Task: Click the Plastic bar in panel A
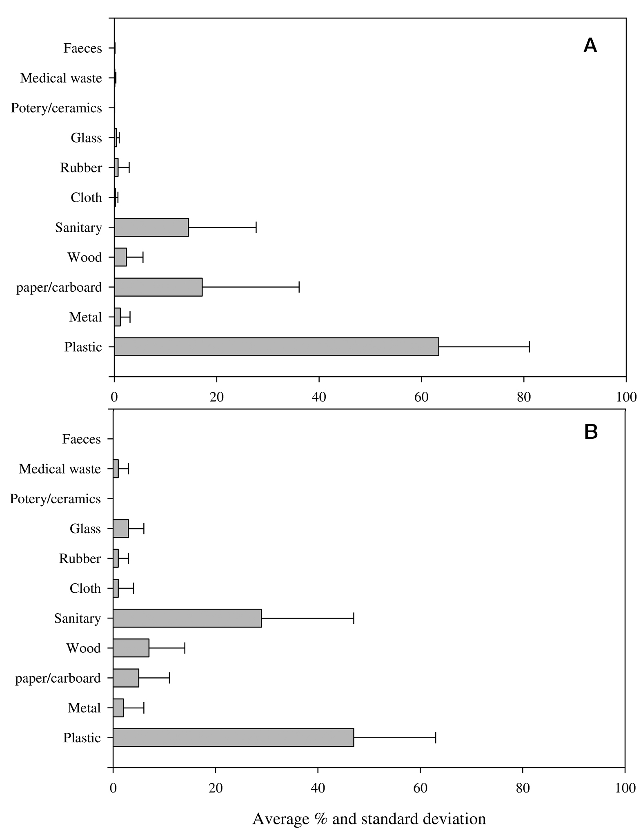[276, 347]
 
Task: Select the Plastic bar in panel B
[234, 737]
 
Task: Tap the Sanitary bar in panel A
[151, 227]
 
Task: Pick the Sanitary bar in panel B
[187, 618]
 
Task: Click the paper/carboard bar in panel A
[158, 287]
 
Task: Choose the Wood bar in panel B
[131, 648]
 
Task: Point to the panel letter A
[590, 46]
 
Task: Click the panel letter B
[591, 432]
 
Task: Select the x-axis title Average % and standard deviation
[369, 819]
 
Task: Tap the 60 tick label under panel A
[421, 397]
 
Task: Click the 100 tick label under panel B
[625, 788]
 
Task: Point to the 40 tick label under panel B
[318, 788]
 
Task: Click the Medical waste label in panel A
[61, 78]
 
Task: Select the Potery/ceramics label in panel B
[55, 499]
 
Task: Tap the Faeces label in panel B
[81, 439]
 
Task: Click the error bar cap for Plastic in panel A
[529, 347]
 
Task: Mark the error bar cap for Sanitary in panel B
[354, 618]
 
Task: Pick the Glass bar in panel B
[121, 529]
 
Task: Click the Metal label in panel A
[85, 317]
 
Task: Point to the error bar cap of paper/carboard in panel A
[299, 287]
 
